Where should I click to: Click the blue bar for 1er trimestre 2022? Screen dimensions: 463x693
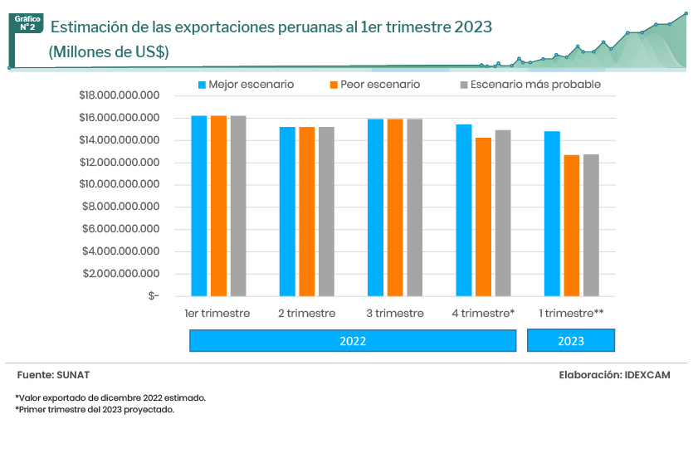point(199,206)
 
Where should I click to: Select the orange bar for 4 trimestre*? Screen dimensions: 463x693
point(483,217)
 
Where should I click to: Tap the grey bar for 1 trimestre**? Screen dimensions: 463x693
point(591,225)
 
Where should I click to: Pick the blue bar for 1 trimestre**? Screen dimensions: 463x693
point(552,213)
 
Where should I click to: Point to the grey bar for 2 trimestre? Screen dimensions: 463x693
point(326,212)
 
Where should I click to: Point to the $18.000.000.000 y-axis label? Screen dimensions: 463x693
point(119,95)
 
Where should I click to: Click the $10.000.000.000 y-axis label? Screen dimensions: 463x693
point(119,185)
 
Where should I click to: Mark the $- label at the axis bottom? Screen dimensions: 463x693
point(154,295)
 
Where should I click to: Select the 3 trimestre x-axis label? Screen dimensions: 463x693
point(395,314)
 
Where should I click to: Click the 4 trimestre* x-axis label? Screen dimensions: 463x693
point(484,314)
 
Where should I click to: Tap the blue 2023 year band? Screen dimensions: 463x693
point(571,341)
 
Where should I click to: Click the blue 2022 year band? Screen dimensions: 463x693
point(353,341)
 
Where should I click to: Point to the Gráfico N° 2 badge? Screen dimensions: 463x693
point(27,23)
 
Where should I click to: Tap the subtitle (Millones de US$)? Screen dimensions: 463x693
point(109,51)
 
